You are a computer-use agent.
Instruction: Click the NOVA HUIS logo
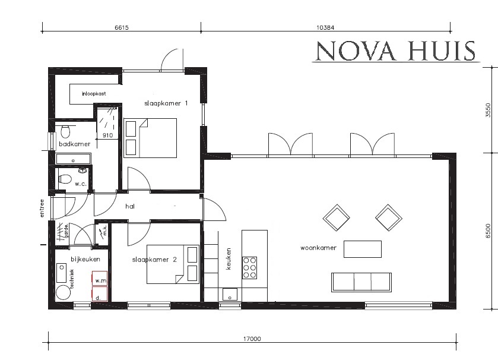(395, 51)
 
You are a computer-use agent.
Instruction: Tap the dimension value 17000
(252, 339)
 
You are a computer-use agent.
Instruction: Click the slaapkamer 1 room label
(166, 103)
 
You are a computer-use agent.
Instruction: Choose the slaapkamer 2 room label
(154, 260)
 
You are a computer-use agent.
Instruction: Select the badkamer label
(74, 144)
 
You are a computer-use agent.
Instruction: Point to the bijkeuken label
(81, 259)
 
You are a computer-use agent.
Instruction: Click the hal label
(131, 207)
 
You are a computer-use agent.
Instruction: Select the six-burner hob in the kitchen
(249, 267)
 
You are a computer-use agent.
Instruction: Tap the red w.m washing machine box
(99, 279)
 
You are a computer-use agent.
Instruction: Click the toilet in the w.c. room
(66, 179)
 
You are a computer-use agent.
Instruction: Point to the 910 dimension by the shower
(107, 135)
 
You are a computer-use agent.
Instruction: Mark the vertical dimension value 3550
(488, 111)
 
